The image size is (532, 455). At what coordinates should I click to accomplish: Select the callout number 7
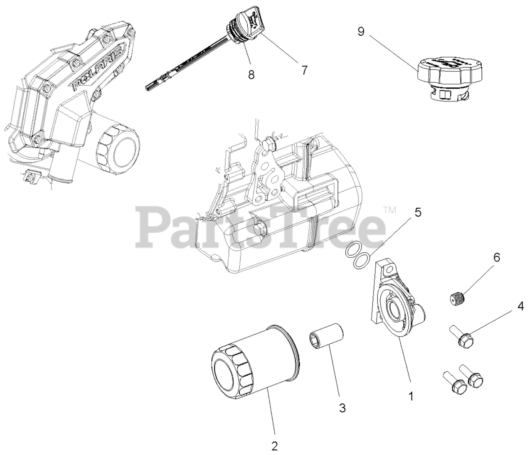coord(304,70)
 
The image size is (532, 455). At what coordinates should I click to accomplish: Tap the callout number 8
coord(251,74)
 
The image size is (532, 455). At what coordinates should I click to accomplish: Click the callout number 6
coord(496,257)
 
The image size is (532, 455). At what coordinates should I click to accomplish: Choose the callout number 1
coord(411,396)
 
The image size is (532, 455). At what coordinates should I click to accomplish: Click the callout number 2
coord(274,446)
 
